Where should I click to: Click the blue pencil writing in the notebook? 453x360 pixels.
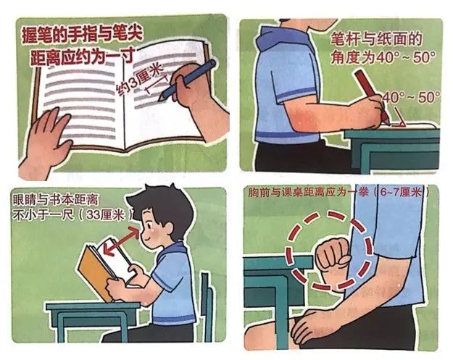[x=187, y=80]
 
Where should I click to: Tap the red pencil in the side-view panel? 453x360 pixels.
[x=372, y=97]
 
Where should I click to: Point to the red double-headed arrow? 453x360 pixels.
[x=122, y=240]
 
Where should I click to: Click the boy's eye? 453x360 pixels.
[x=149, y=225]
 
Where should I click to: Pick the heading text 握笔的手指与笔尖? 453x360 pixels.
[x=83, y=35]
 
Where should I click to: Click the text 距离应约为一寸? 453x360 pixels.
[x=83, y=56]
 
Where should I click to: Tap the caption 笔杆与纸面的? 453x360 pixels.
[x=376, y=38]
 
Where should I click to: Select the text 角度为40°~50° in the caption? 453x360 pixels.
[x=383, y=57]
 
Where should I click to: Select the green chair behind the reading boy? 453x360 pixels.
[x=207, y=306]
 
